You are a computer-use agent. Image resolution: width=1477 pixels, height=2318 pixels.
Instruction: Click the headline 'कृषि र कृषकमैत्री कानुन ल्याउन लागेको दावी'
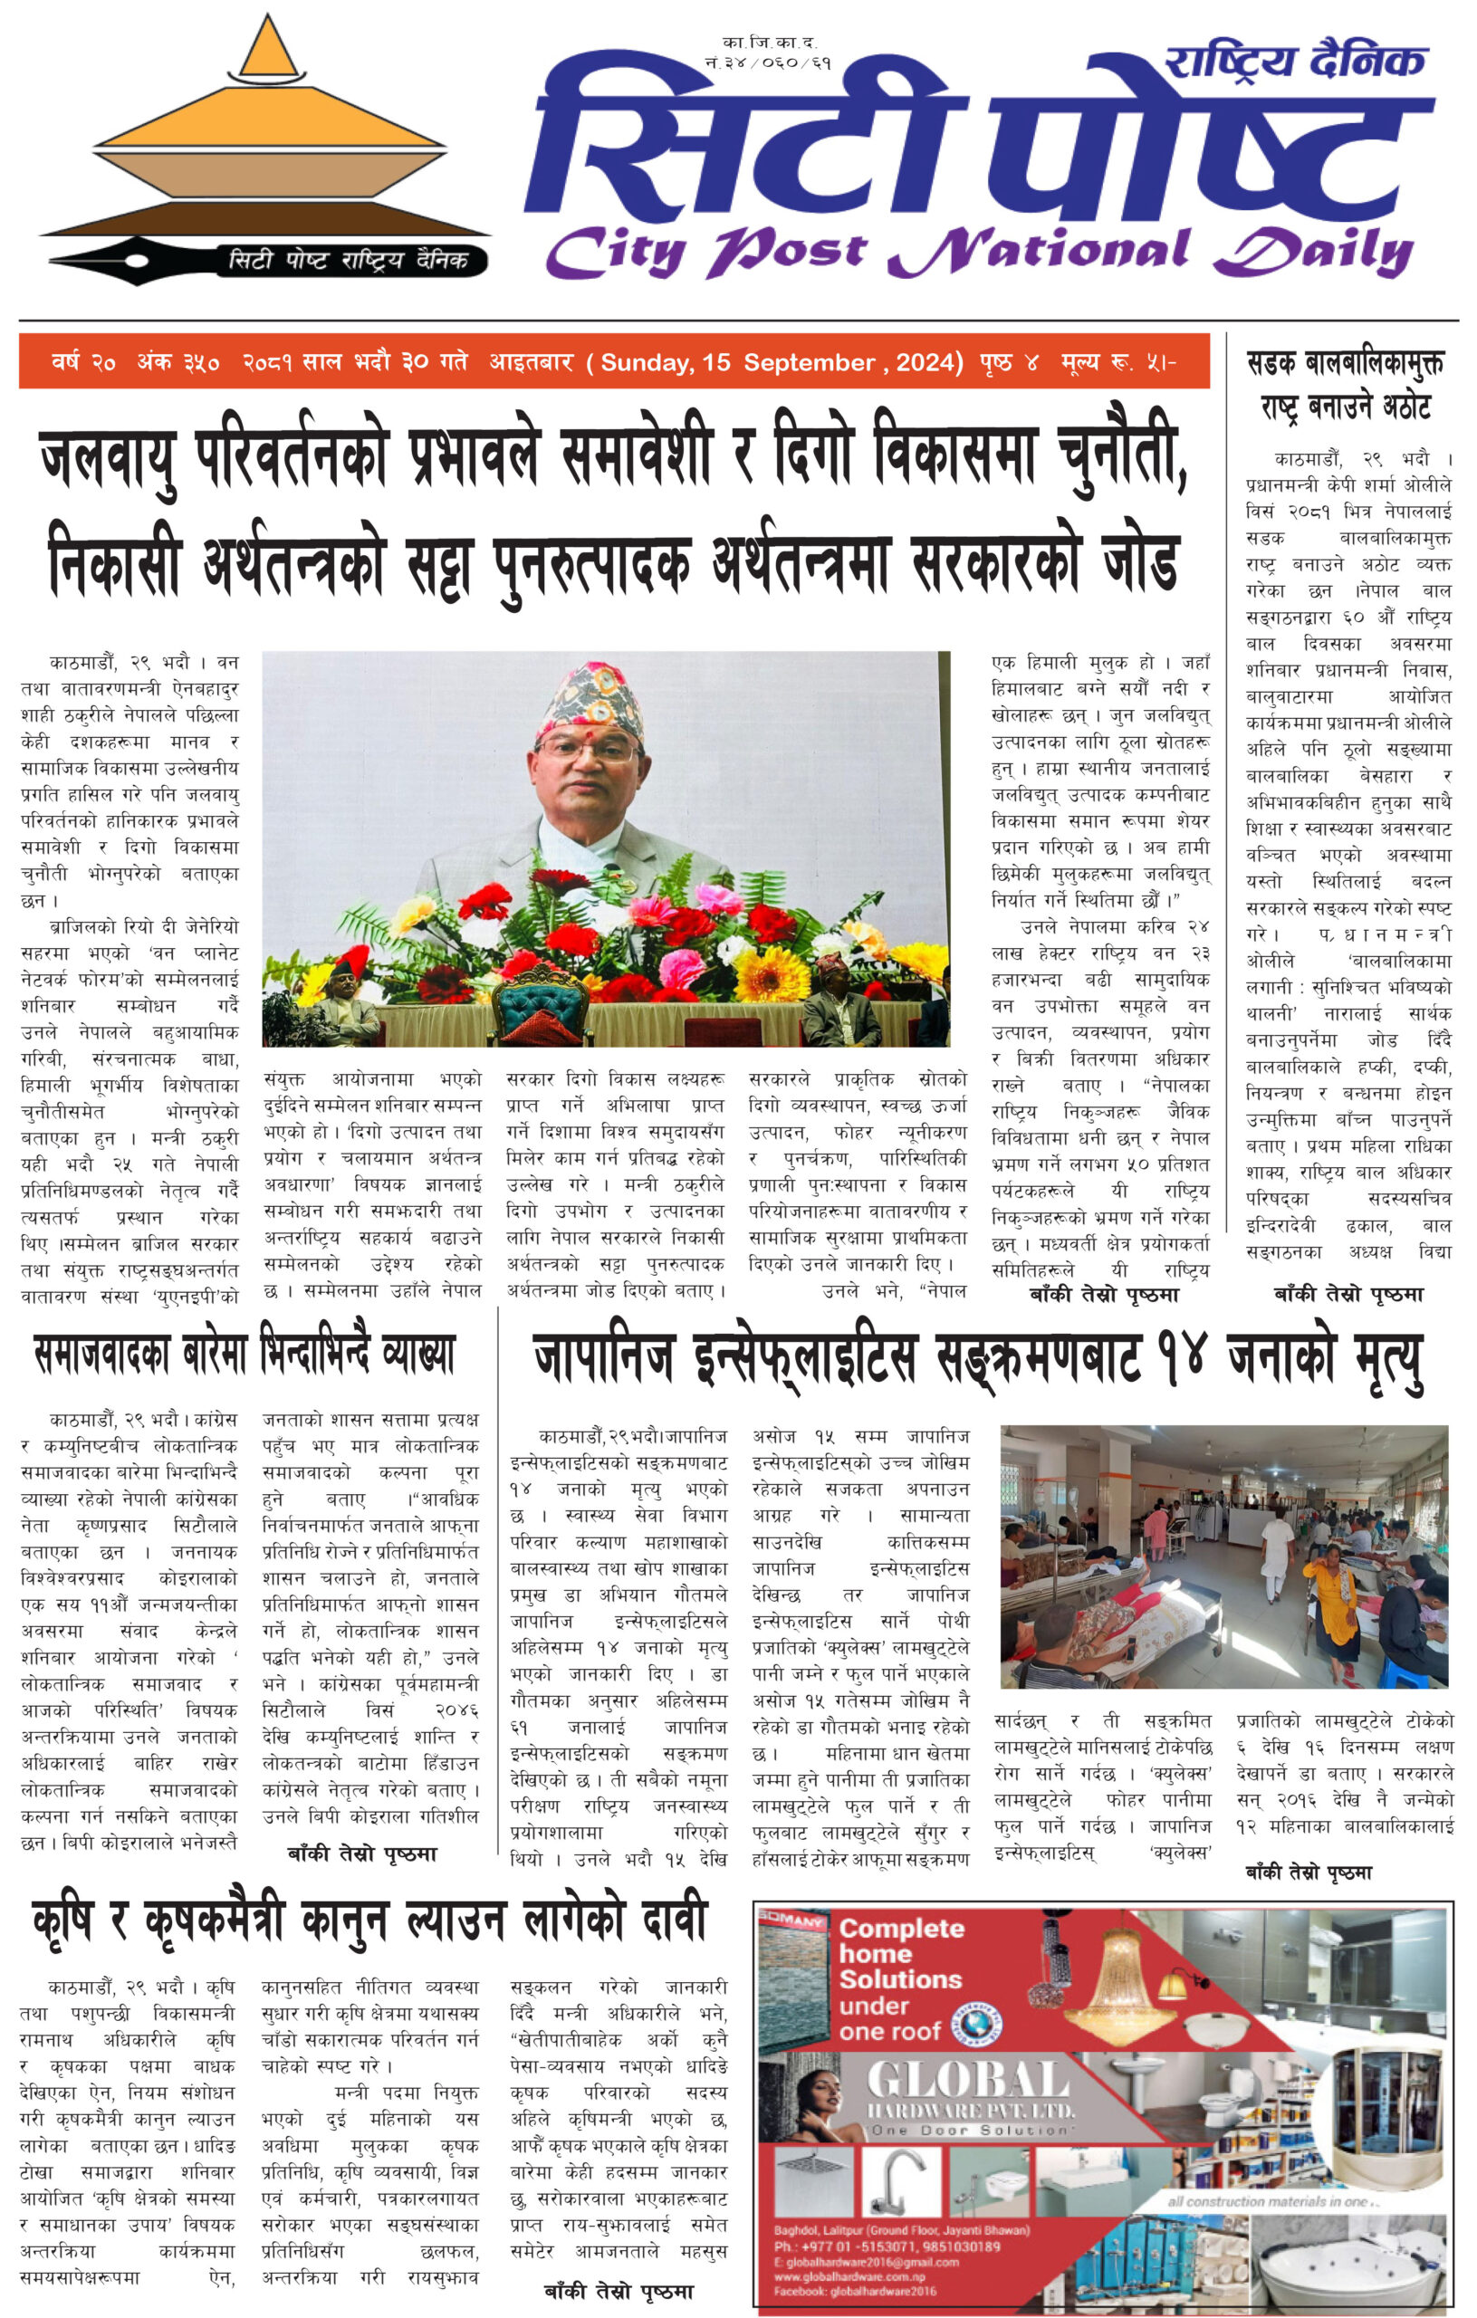pyautogui.click(x=369, y=1920)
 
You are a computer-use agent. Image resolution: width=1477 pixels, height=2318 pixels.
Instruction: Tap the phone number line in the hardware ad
pyautogui.click(x=887, y=2246)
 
